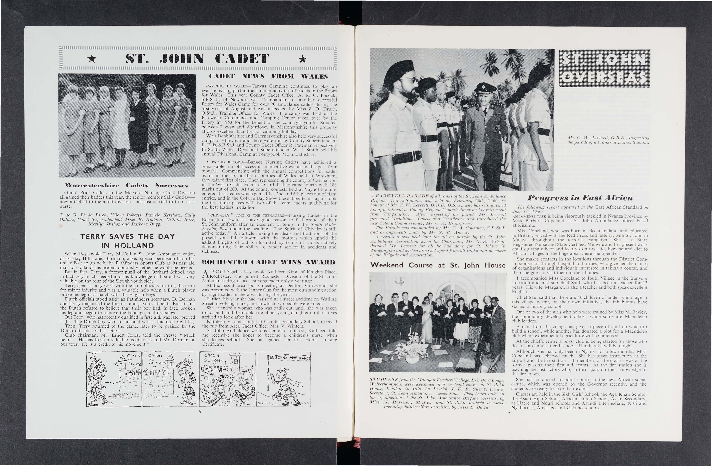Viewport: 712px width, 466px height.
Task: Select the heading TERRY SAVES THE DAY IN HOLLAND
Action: click(x=127, y=241)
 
